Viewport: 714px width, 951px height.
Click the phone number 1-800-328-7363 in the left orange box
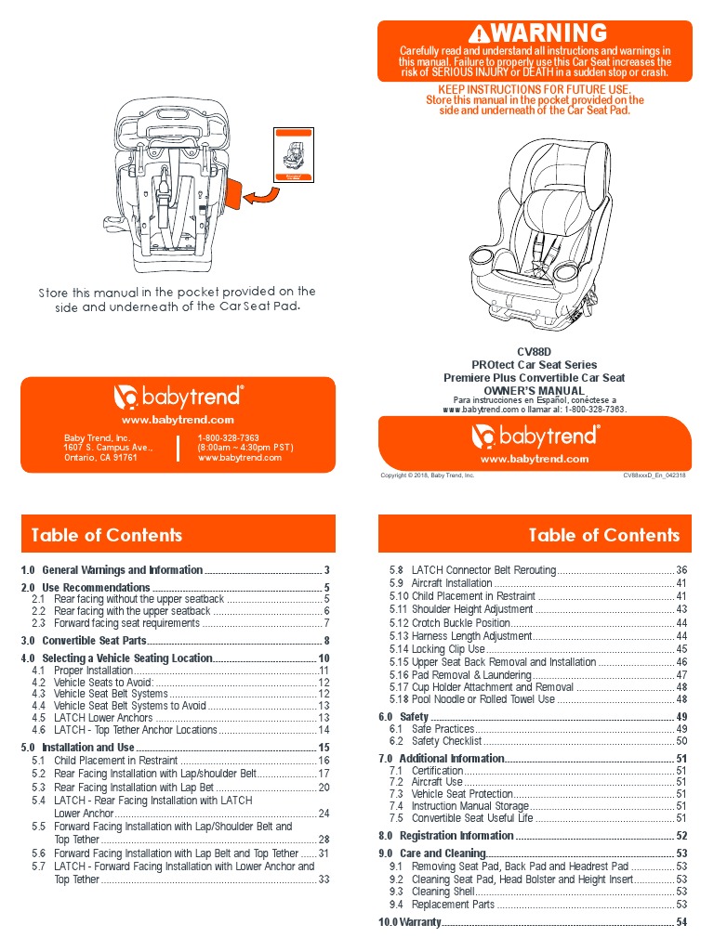[228, 437]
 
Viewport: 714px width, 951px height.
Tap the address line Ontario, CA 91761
[100, 457]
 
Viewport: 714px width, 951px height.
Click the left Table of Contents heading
[107, 535]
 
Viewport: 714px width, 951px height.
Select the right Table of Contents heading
[603, 535]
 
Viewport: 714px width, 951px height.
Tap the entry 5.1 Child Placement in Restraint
[116, 761]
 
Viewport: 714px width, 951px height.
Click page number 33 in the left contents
[324, 879]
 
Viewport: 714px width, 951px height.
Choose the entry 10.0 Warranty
[408, 922]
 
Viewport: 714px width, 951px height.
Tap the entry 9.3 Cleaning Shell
[443, 892]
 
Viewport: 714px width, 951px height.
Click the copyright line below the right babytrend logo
[428, 475]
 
